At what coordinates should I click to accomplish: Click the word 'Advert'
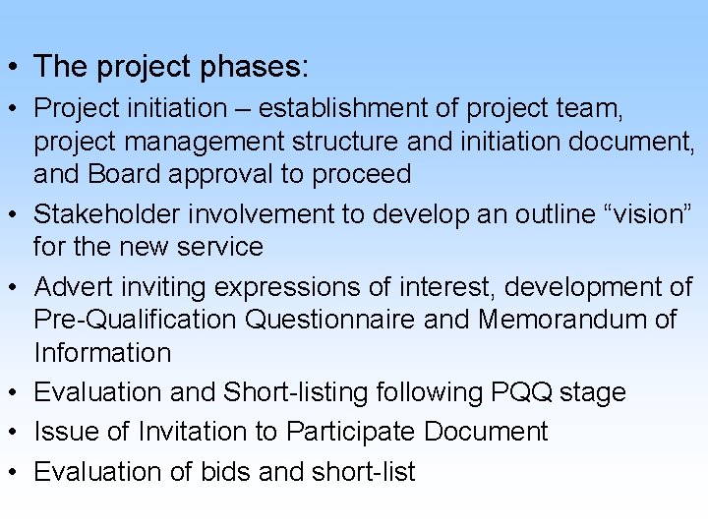(x=74, y=287)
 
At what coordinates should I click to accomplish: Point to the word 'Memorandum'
(x=559, y=320)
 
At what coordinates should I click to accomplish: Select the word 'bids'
(x=225, y=471)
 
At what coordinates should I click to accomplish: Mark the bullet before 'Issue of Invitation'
(x=15, y=433)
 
